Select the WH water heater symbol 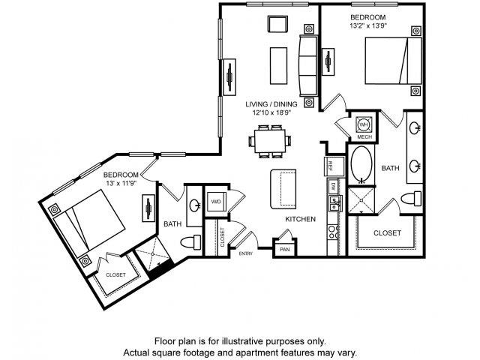[364, 124]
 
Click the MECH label [364, 137]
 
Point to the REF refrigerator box [328, 166]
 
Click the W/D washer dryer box [216, 202]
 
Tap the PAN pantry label [284, 249]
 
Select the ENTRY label [245, 253]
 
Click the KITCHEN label [299, 219]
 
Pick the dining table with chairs [269, 140]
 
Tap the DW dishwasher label [333, 184]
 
